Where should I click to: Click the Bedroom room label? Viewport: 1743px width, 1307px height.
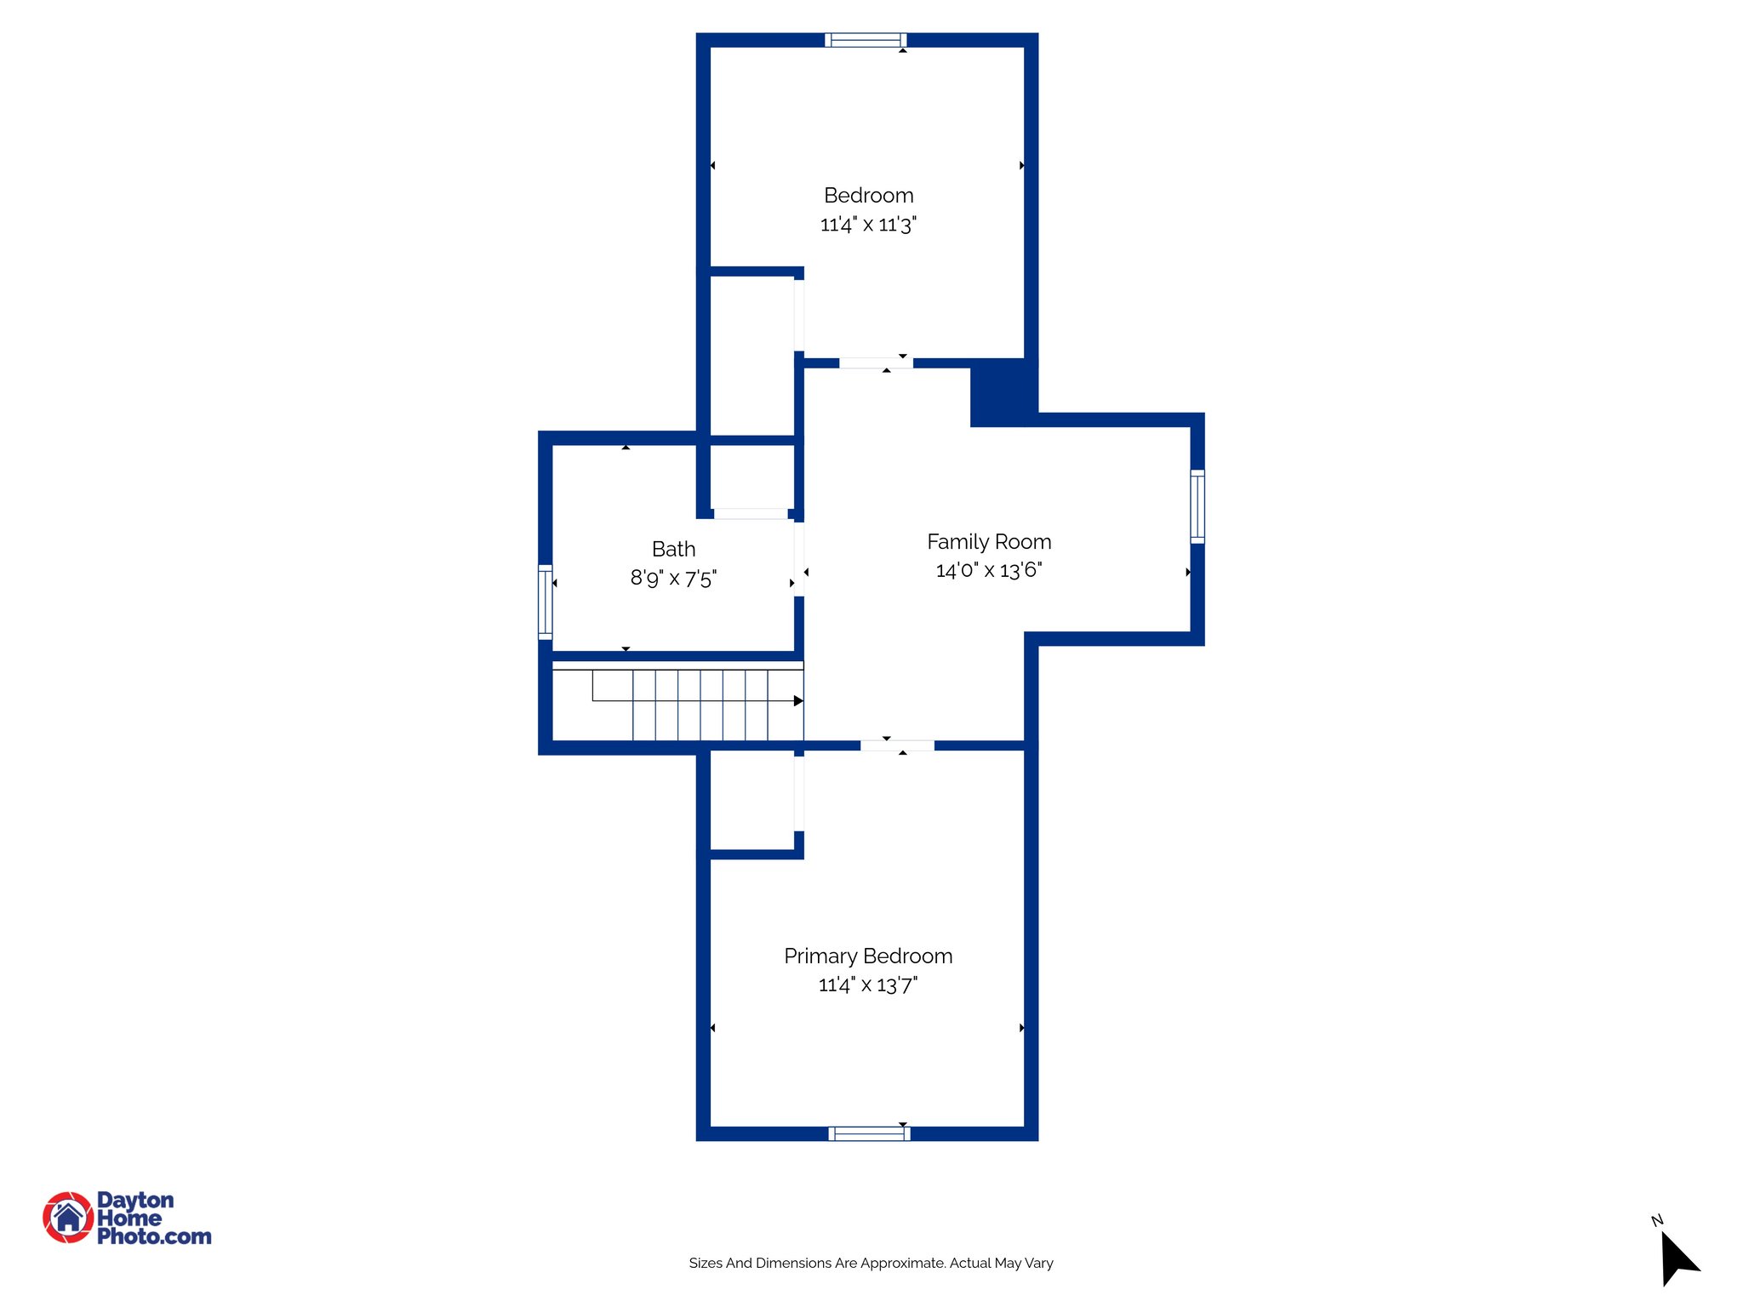point(868,196)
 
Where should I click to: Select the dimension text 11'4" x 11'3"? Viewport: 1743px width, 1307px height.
point(868,225)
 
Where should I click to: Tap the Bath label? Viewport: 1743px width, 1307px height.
point(673,550)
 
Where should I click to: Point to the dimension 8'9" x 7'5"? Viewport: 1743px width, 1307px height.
point(673,579)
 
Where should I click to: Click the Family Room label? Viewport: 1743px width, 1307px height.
point(989,542)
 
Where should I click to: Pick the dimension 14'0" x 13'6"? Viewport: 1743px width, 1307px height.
point(989,570)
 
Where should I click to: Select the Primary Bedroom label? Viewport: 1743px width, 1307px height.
point(868,956)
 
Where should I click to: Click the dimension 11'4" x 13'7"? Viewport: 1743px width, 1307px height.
point(868,985)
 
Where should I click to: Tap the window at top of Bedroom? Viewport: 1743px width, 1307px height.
point(866,40)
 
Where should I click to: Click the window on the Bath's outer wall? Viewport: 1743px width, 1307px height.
point(546,602)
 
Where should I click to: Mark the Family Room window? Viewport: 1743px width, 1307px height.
point(1197,506)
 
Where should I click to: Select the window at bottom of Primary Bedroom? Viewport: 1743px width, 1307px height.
point(869,1133)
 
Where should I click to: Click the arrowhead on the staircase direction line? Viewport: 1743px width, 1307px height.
point(798,701)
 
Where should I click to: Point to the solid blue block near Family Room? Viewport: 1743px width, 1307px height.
point(1003,392)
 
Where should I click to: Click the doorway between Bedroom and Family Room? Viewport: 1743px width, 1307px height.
point(876,363)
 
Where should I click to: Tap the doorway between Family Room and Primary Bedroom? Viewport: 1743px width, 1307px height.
point(897,746)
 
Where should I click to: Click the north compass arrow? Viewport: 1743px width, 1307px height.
point(1677,1258)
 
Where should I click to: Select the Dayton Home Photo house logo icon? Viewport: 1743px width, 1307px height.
point(68,1217)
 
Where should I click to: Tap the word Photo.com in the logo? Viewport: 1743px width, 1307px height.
point(154,1237)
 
